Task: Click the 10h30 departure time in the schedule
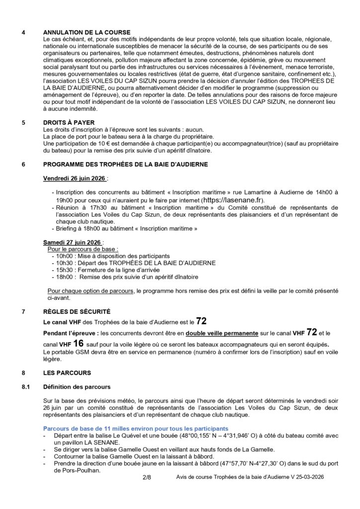[x=65, y=262]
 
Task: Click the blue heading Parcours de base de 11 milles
[x=135, y=428]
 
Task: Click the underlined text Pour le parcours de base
[x=83, y=249]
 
